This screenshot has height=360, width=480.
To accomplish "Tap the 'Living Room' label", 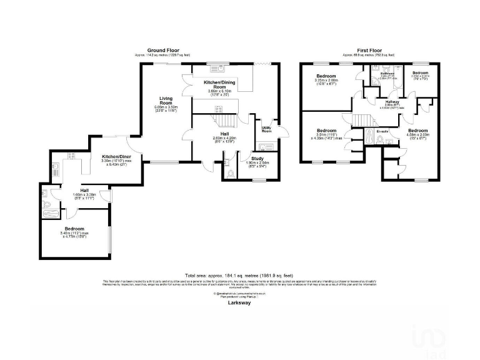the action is coord(166,99).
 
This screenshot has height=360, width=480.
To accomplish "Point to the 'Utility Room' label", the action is coord(266,129).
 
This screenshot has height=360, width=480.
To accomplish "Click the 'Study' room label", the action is coord(258,158).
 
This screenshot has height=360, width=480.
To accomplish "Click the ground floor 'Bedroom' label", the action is coord(74,229).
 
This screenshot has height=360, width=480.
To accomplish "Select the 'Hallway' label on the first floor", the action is coord(392,102).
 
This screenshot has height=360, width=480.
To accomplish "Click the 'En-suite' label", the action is coord(383,131).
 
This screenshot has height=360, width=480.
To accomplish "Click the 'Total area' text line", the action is coord(239,276).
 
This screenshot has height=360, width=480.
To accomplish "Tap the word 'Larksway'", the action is coord(239,303).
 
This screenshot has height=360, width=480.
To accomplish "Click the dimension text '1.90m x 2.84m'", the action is coord(258,162).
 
